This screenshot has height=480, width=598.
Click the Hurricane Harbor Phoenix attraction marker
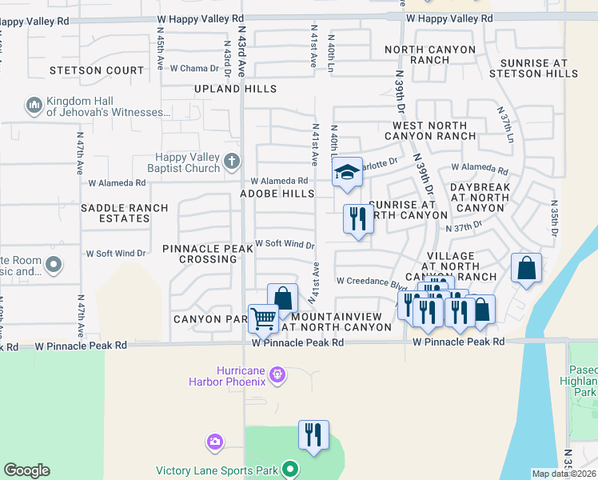tap(277, 374)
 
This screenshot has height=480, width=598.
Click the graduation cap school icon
tap(347, 172)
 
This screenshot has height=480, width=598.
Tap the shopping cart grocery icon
tap(262, 318)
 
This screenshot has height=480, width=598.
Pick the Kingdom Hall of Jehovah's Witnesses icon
tap(34, 106)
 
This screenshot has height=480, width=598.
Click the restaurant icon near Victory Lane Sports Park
tap(313, 435)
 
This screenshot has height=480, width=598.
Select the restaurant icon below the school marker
tap(357, 218)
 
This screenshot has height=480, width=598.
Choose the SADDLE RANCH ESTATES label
tap(125, 213)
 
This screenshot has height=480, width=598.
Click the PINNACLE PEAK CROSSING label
tap(208, 254)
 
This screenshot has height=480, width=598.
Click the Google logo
tap(26, 470)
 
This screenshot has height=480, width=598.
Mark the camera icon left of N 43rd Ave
tap(214, 441)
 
